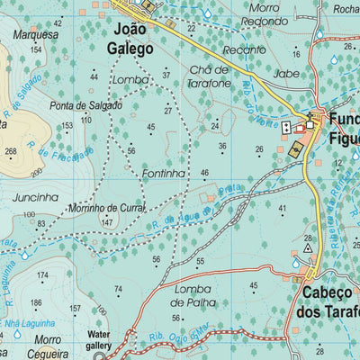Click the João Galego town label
click(x=130, y=39)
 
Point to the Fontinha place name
click(x=163, y=173)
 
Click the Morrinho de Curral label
click(x=106, y=208)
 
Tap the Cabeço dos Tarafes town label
click(x=326, y=301)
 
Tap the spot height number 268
click(x=10, y=151)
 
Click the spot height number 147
click(x=107, y=221)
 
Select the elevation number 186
click(x=37, y=303)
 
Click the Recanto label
click(x=247, y=50)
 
